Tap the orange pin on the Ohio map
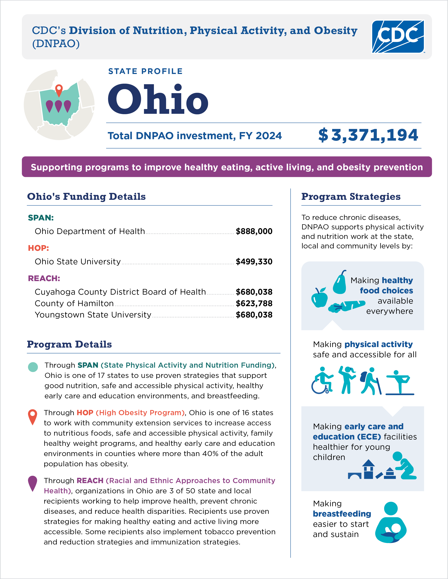[x=59, y=90]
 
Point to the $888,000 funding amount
[x=254, y=231]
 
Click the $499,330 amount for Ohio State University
[x=254, y=262]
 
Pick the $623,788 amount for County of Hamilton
[x=254, y=303]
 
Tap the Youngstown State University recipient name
[x=93, y=315]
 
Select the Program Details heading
[x=69, y=344]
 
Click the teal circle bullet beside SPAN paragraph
[x=33, y=367]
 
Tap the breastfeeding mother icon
[x=391, y=523]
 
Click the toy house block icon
[x=368, y=469]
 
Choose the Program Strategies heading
[x=351, y=197]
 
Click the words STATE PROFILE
[x=145, y=71]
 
